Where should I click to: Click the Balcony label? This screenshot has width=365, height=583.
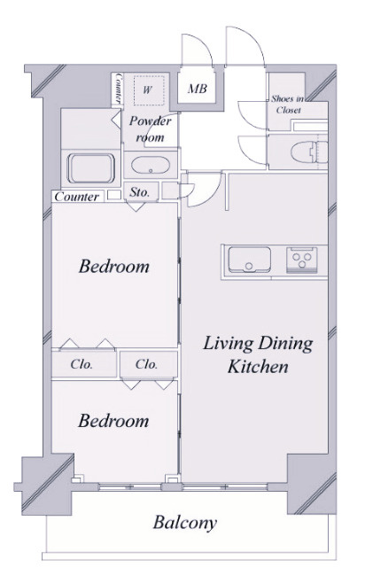[x=185, y=523]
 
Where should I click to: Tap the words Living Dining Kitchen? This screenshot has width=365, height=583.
[x=258, y=354]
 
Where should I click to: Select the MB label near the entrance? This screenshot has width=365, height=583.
[x=197, y=89]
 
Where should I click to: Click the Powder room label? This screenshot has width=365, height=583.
[x=150, y=128]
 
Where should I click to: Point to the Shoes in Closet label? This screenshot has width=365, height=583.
[x=288, y=105]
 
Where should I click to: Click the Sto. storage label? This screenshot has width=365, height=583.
[x=140, y=192]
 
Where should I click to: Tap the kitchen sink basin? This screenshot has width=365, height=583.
[x=249, y=260]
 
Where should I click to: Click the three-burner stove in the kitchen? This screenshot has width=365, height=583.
[x=301, y=260]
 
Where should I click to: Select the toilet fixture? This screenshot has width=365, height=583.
[x=309, y=152]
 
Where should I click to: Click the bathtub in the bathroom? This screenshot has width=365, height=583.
[x=90, y=168]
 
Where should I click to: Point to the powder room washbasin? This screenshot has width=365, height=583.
[x=151, y=165]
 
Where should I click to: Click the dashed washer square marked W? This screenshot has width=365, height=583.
[x=149, y=90]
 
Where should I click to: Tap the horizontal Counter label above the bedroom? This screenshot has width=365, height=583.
[x=77, y=197]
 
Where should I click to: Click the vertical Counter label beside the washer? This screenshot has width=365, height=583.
[x=119, y=88]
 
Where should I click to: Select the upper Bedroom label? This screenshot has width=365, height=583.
[x=113, y=266]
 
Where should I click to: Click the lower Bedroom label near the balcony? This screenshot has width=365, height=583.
[x=113, y=421]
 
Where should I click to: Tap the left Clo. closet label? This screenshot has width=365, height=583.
[x=82, y=364]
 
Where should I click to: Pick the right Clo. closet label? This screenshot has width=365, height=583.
[x=146, y=363]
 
